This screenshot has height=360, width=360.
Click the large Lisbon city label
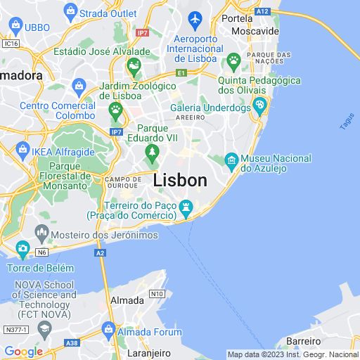coord(180,180)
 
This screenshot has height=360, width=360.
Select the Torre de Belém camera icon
coord(22,247)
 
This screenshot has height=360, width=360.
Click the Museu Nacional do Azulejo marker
coord(231,162)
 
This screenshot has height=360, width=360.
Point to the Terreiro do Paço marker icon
coord(186,206)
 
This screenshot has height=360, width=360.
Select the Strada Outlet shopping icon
coord(70,11)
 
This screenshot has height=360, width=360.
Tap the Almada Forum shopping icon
coord(108,328)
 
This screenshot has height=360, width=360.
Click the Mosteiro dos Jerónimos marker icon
coord(41,233)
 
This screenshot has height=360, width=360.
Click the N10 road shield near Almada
coord(156,294)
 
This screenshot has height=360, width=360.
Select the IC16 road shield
coord(10,43)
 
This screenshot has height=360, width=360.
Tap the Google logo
coord(23,352)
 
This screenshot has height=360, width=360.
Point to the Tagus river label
coord(347,122)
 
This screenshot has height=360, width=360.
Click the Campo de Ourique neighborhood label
coord(126,184)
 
